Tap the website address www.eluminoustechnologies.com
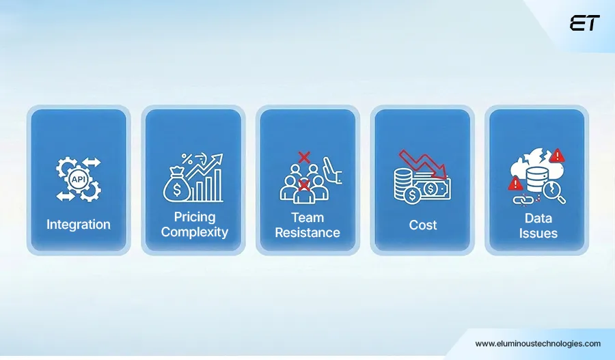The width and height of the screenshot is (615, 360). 538,344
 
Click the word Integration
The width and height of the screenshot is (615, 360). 78,224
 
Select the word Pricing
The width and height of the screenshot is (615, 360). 194,217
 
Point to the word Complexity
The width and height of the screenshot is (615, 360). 194,232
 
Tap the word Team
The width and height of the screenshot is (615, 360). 307,217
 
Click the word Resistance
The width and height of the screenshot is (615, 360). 307,232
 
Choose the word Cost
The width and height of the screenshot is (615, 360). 423,224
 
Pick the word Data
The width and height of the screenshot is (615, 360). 538,218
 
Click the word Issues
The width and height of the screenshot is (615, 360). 538,233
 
